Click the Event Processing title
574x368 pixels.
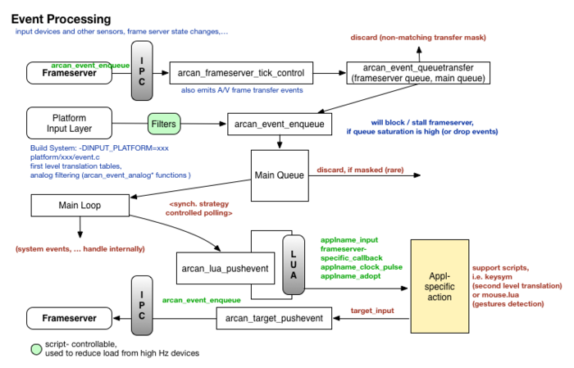tap(61, 19)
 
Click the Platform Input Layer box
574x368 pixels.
tap(69, 123)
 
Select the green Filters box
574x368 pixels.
tap(163, 125)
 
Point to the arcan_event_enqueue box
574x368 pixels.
tap(279, 125)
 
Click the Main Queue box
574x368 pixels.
tap(280, 175)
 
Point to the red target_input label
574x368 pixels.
tap(372, 311)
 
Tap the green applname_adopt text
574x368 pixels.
tap(350, 276)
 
